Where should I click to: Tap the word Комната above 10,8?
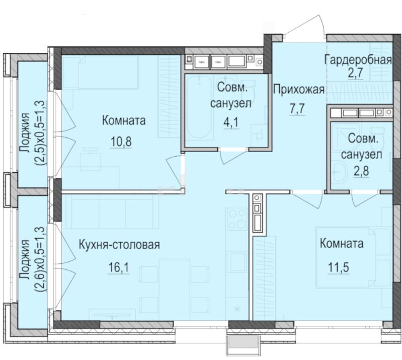coord(123,121)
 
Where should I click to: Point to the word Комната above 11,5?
coord(342,244)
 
